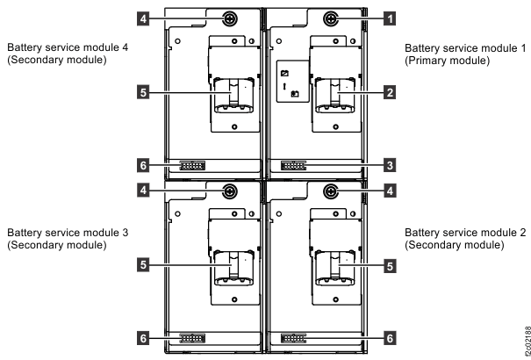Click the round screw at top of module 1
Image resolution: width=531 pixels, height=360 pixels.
[331, 18]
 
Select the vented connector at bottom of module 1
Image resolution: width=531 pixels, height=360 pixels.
[294, 165]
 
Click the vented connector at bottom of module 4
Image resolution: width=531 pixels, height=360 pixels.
[193, 165]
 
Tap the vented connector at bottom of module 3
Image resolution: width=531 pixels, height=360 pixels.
[193, 337]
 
